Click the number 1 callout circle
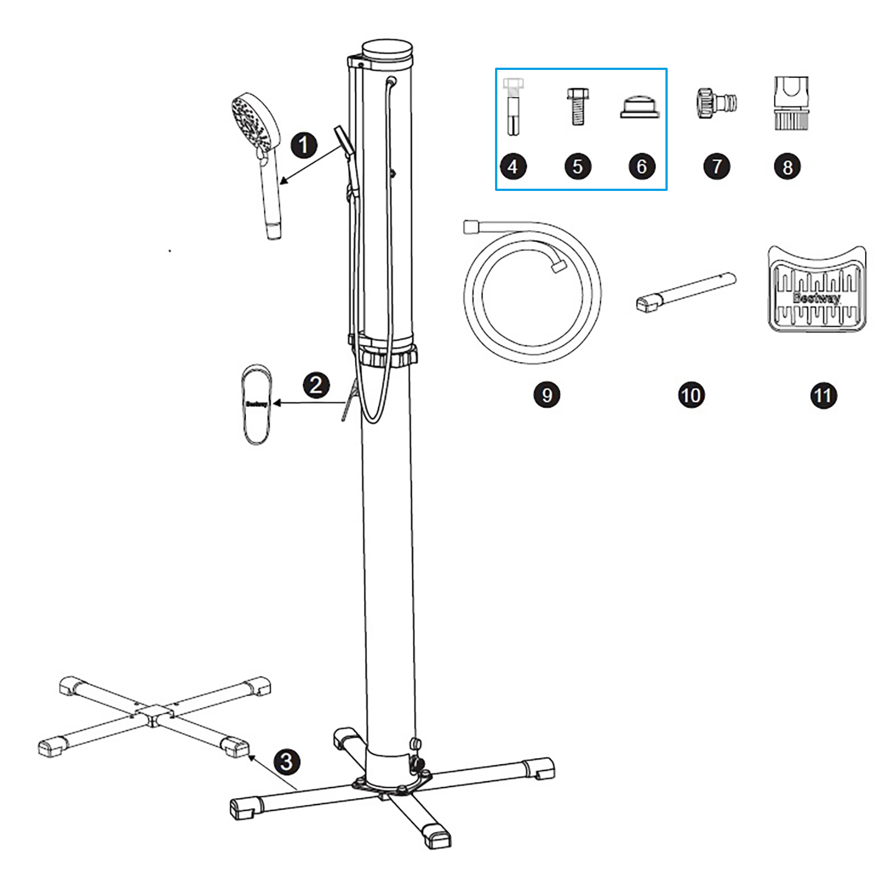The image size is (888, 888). (304, 145)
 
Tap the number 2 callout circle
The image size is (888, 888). (316, 385)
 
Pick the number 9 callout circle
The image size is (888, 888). (547, 395)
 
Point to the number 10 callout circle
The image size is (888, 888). (691, 395)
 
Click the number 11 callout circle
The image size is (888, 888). (823, 396)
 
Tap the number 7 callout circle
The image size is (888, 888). (717, 167)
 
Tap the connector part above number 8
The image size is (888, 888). (791, 104)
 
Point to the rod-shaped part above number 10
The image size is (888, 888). (686, 291)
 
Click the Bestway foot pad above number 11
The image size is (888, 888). (816, 290)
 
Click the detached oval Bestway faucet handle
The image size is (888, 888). (256, 404)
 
